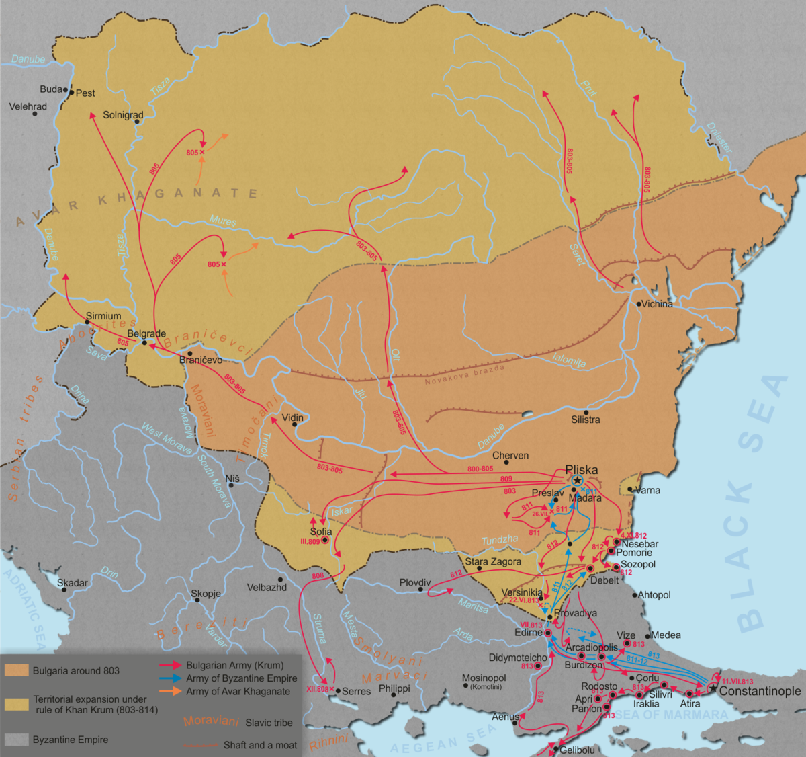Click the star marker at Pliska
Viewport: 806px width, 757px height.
pos(577,481)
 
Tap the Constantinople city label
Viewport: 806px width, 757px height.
pos(760,691)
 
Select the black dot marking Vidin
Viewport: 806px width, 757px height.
pos(295,424)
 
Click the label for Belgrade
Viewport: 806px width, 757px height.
pos(146,333)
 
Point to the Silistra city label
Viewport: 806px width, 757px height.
pos(585,420)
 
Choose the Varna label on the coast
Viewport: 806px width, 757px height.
pos(647,490)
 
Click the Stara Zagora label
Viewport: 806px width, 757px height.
pos(493,561)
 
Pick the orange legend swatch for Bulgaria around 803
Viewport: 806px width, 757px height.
pos(17,670)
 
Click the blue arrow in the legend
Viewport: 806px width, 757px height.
pos(171,678)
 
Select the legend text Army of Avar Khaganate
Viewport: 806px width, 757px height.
pos(238,691)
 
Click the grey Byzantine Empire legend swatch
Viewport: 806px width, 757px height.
pos(17,740)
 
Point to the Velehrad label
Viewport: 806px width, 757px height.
pos(28,106)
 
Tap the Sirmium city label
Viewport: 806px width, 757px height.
pos(103,316)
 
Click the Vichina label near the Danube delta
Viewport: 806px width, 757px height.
pos(657,304)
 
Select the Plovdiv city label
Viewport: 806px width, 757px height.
pos(415,582)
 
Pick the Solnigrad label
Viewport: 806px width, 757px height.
pos(123,115)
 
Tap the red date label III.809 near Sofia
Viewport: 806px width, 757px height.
pos(310,541)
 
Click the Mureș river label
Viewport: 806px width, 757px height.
pos(223,221)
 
